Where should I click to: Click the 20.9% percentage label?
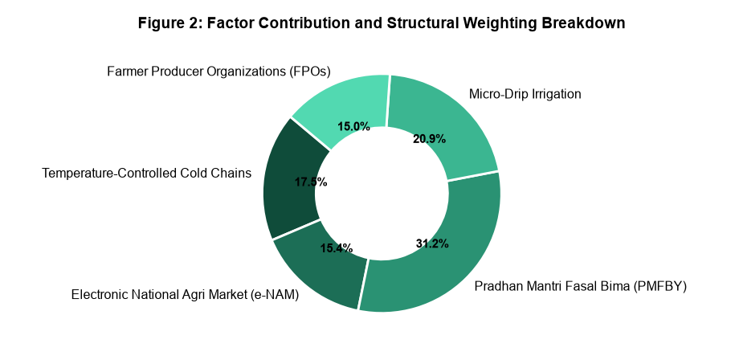(x=430, y=139)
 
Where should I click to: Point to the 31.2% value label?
(x=432, y=243)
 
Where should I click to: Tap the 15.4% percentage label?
(x=336, y=248)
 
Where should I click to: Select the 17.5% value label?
(x=311, y=182)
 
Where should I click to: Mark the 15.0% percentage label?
(x=353, y=126)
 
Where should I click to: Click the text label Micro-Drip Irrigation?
(x=525, y=94)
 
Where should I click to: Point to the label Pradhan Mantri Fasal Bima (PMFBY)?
(x=581, y=286)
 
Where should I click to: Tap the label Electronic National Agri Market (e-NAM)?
(x=185, y=295)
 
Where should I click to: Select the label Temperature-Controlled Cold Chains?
(x=146, y=174)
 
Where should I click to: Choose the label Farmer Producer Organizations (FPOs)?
(x=218, y=72)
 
